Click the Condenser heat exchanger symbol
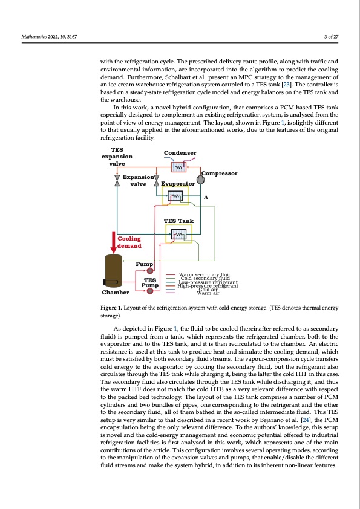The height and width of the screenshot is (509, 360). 179,167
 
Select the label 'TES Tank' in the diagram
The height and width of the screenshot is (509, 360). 179,221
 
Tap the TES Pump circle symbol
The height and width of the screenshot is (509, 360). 150,291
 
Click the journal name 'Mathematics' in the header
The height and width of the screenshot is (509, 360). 33,37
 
